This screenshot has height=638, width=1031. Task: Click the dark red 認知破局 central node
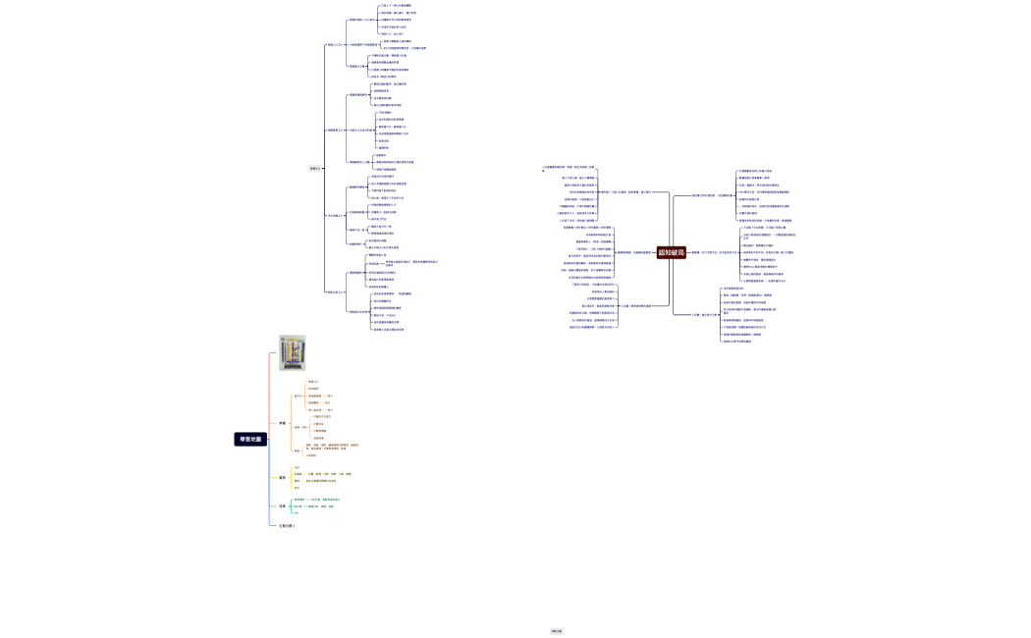[672, 253]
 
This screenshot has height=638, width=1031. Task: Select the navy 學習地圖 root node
[250, 440]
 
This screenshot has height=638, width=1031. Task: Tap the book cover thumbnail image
[292, 352]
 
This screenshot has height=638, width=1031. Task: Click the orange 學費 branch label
[283, 423]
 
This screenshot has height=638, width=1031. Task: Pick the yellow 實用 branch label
[283, 478]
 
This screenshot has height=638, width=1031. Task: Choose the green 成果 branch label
[283, 506]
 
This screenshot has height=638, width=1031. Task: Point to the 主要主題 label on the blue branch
[287, 526]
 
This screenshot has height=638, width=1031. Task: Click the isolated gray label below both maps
[557, 631]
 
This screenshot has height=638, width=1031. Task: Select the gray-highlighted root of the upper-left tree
[315, 168]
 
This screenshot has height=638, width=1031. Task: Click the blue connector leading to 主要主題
[271, 520]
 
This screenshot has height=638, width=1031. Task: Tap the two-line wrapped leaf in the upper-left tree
[405, 263]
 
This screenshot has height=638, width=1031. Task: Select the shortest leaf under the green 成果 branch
[297, 512]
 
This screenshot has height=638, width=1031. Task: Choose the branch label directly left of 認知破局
[624, 253]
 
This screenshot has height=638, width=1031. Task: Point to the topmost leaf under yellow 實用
[298, 467]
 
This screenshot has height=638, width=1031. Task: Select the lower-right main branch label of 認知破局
[705, 315]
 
